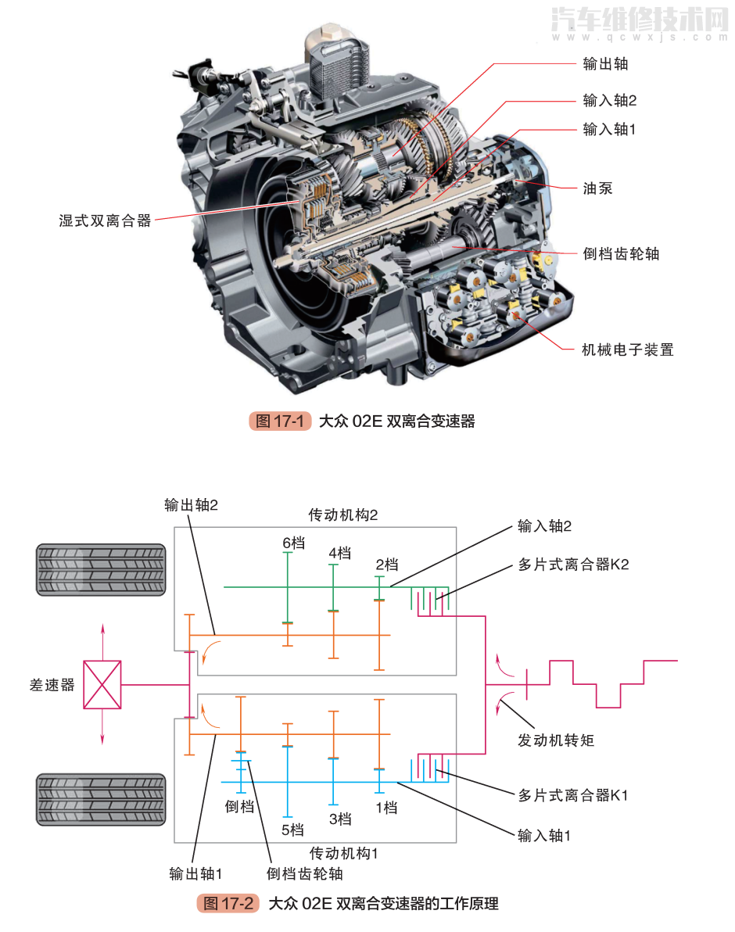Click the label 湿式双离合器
click(105, 220)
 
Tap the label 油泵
click(597, 188)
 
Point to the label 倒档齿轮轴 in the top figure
click(621, 253)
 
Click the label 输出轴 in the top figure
click(605, 64)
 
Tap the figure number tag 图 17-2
click(228, 903)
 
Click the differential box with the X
click(102, 685)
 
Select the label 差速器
click(52, 685)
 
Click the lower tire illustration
click(101, 799)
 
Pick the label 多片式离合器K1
click(572, 795)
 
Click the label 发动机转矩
click(555, 739)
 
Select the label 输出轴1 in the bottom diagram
click(196, 873)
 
